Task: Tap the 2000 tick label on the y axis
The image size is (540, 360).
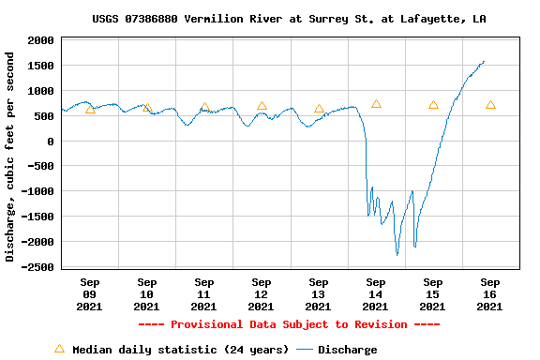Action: click(x=40, y=41)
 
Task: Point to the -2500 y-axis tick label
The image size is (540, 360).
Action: click(x=37, y=267)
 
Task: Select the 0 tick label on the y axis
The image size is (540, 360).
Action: click(x=50, y=142)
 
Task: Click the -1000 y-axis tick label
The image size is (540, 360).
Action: click(x=37, y=192)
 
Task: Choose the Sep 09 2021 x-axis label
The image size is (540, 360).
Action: click(x=90, y=293)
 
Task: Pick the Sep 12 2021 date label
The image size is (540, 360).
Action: click(x=262, y=293)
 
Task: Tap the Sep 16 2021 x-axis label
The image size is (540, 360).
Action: click(x=489, y=293)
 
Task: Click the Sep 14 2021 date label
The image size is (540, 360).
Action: click(x=375, y=293)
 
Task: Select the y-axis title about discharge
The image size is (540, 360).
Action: click(x=10, y=157)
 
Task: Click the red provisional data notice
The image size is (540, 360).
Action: click(x=289, y=324)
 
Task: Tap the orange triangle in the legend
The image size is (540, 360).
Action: click(x=59, y=349)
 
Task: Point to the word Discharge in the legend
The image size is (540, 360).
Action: click(x=347, y=350)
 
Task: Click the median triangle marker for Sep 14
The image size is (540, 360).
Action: click(x=376, y=104)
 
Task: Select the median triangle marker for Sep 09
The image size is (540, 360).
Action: click(x=90, y=110)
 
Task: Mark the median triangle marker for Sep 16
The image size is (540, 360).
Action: click(x=490, y=105)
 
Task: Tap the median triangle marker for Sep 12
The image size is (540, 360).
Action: click(x=262, y=106)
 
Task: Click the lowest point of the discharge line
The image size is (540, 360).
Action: click(x=397, y=254)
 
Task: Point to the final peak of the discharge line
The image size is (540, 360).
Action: click(x=484, y=62)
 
